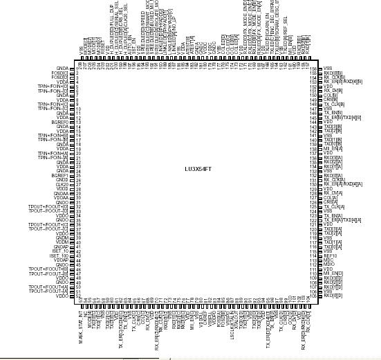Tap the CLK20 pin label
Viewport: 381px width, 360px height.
point(62,184)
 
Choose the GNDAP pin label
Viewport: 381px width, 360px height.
point(62,246)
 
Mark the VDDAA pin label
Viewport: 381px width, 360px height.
point(61,197)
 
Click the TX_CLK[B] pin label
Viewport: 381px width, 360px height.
point(335,104)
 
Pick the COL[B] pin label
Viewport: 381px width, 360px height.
point(331,95)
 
